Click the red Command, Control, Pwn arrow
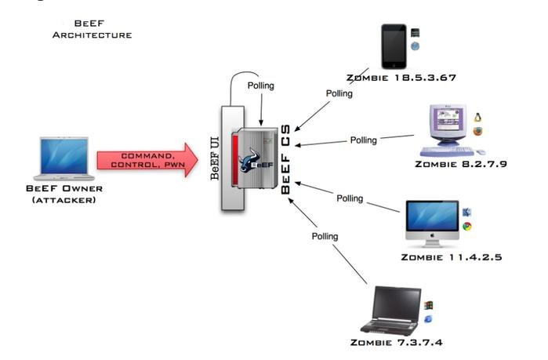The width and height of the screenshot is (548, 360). click(x=147, y=160)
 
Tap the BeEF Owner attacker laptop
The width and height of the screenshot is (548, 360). click(x=64, y=158)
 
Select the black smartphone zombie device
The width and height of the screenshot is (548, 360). click(x=394, y=46)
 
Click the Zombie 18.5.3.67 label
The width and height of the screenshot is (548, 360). click(x=401, y=78)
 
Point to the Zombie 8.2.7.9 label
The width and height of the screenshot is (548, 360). click(x=461, y=164)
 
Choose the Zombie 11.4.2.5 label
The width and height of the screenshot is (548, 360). click(x=452, y=257)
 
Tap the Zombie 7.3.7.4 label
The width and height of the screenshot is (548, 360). click(x=397, y=342)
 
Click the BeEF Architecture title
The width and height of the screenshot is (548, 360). click(x=93, y=29)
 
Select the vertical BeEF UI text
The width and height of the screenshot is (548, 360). click(x=215, y=158)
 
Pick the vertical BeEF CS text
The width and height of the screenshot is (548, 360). click(x=285, y=159)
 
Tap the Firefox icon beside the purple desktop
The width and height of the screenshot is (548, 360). click(x=477, y=132)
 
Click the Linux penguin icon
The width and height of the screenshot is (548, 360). click(x=477, y=117)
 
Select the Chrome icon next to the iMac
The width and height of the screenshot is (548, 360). click(x=467, y=227)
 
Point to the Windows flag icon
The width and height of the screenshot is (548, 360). click(x=428, y=305)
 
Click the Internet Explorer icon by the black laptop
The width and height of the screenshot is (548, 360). click(x=428, y=318)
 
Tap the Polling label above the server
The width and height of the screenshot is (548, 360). click(x=261, y=85)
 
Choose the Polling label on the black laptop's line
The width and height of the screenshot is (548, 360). click(x=325, y=237)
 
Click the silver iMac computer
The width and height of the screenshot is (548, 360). click(x=432, y=224)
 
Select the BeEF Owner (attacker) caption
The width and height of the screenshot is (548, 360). click(x=64, y=195)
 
